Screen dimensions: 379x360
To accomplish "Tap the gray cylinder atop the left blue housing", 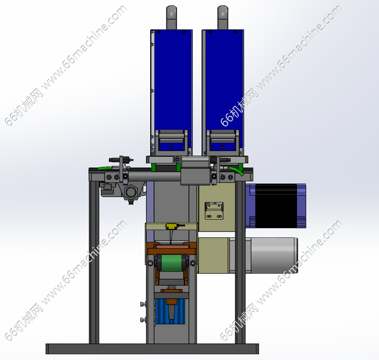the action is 171,18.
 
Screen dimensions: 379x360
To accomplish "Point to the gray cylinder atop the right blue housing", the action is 223,18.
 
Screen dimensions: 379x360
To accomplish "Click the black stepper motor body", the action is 276,206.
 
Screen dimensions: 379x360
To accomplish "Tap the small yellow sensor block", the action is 171,226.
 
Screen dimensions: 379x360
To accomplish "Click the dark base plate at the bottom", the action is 152,349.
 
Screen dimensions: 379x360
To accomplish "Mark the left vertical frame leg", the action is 94,262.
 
